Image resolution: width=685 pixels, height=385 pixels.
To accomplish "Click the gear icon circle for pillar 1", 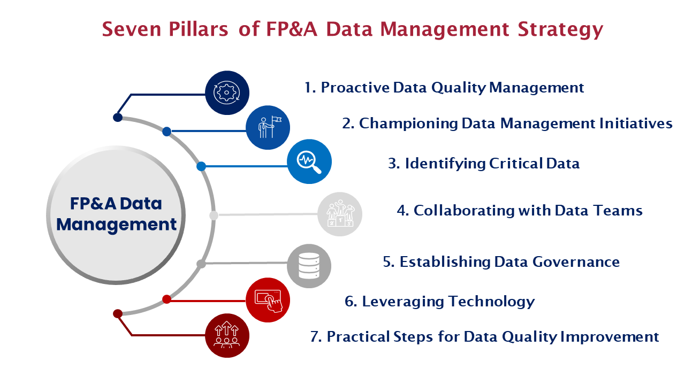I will (227, 93).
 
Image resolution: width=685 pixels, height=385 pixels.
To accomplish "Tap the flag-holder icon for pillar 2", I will (268, 127).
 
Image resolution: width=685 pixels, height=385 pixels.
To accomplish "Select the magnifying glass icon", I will (309, 161).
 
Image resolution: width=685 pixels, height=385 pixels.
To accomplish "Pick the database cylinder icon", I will (309, 266).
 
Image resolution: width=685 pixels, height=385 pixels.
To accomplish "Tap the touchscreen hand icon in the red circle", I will (268, 300).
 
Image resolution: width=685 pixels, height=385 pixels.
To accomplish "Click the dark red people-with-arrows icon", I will (227, 335).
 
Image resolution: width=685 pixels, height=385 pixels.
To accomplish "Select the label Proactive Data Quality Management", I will (444, 88).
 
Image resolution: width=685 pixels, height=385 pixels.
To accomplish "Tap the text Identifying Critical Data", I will (484, 164).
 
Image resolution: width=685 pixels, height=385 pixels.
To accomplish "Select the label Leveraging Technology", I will (440, 302).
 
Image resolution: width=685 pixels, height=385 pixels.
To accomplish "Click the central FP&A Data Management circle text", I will (116, 214).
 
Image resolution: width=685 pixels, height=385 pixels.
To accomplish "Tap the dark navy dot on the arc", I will (118, 118).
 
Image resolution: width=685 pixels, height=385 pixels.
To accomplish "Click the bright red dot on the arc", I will (166, 299).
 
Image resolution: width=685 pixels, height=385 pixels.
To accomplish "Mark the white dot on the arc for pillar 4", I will (214, 215).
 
